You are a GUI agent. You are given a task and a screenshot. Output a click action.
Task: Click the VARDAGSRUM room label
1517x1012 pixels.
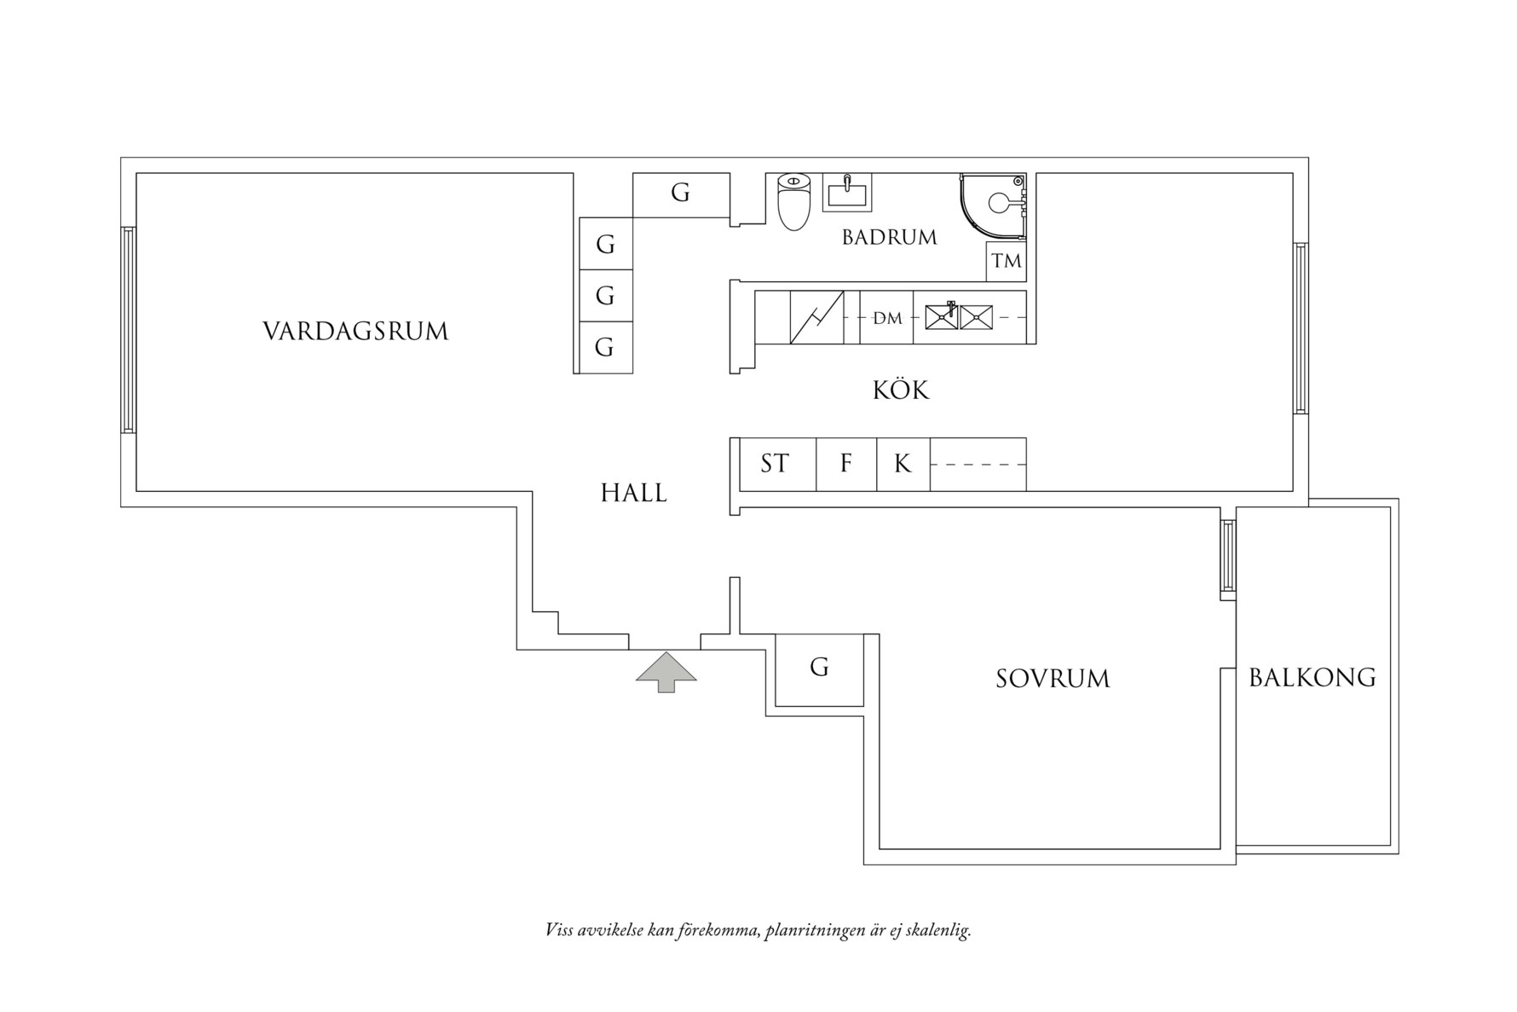(x=355, y=331)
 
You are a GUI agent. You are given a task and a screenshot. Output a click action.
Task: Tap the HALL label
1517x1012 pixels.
(x=633, y=493)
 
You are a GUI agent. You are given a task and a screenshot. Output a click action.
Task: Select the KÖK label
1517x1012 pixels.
(x=901, y=390)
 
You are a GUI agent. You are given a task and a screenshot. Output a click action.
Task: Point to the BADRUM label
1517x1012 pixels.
(x=889, y=237)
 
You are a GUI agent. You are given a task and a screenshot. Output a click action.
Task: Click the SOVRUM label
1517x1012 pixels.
(x=1053, y=679)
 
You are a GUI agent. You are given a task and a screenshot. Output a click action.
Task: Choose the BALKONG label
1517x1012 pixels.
(x=1312, y=678)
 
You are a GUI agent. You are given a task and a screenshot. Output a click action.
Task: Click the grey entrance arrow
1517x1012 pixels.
(x=666, y=672)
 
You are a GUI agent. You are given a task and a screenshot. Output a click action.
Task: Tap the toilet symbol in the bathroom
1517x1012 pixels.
(x=793, y=202)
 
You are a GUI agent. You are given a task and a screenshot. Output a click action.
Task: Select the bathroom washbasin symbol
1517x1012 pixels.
(x=846, y=194)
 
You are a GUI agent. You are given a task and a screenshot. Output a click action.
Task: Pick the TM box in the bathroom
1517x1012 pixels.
(x=1007, y=261)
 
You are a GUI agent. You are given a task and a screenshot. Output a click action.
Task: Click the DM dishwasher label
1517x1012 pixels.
(x=887, y=318)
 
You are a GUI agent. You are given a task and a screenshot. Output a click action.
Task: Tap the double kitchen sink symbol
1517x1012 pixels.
(x=959, y=317)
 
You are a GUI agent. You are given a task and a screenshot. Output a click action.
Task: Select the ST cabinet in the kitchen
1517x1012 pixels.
(x=775, y=464)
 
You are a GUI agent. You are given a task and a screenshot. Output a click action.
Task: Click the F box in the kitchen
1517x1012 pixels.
(x=845, y=464)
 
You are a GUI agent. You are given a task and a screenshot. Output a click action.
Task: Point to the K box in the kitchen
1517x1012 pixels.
(x=903, y=464)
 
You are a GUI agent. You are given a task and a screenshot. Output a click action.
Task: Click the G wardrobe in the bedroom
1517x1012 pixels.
(x=819, y=668)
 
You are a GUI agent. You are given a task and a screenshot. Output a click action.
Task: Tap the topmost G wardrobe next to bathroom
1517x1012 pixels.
(x=680, y=194)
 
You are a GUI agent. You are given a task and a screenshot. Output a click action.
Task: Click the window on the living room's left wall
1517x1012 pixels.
(x=128, y=329)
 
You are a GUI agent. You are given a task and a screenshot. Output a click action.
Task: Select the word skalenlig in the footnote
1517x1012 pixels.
(x=937, y=930)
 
